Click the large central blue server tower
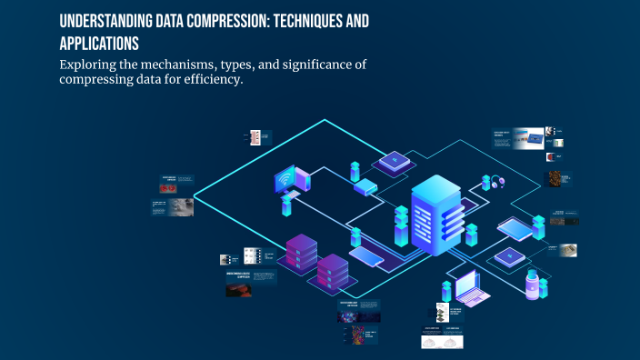[x=437, y=218]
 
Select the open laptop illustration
[x=474, y=289]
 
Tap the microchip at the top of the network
[x=394, y=161]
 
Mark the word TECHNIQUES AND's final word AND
[x=356, y=22]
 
